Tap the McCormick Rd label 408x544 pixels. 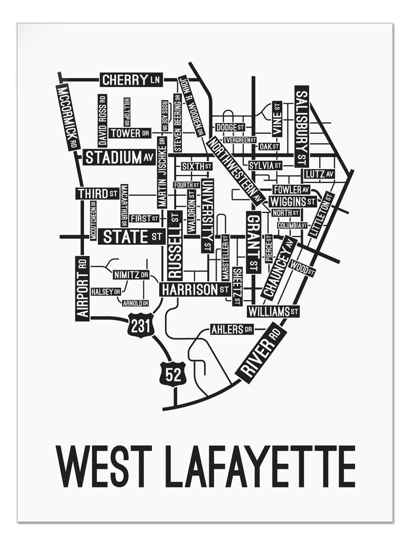point(68,117)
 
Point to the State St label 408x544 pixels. point(131,237)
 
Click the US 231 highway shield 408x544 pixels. point(141,325)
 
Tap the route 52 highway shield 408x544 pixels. point(172,374)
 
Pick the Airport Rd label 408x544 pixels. point(82,288)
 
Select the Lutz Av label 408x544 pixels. point(319,174)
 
